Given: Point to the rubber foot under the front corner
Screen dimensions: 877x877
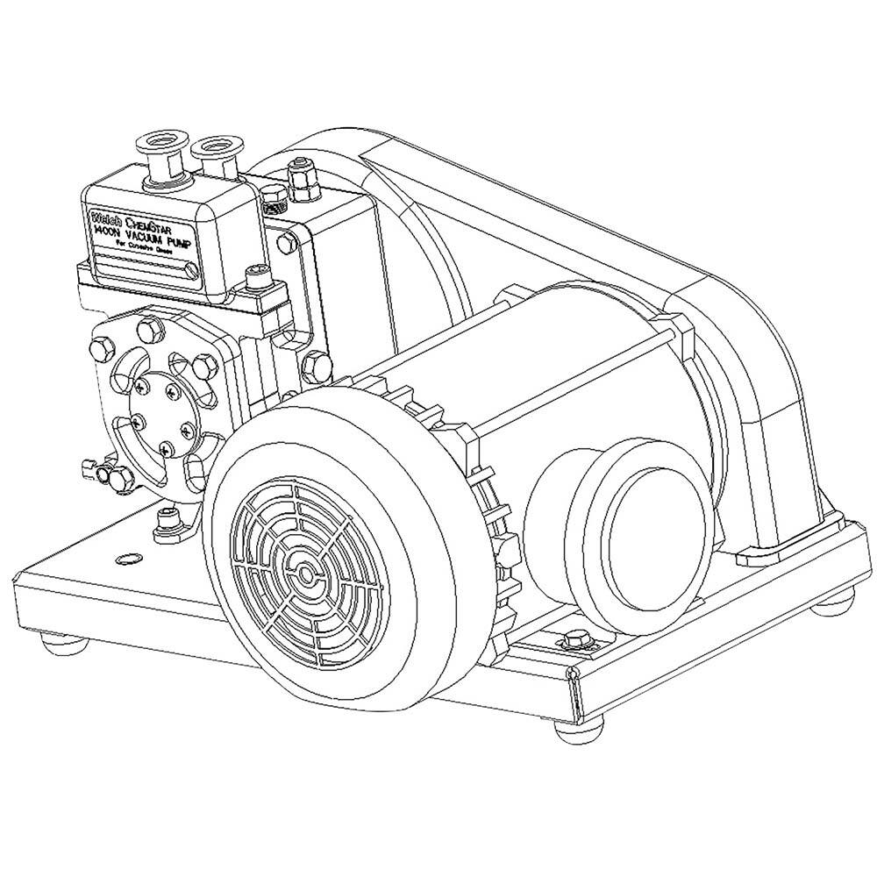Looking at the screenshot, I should [579, 730].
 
